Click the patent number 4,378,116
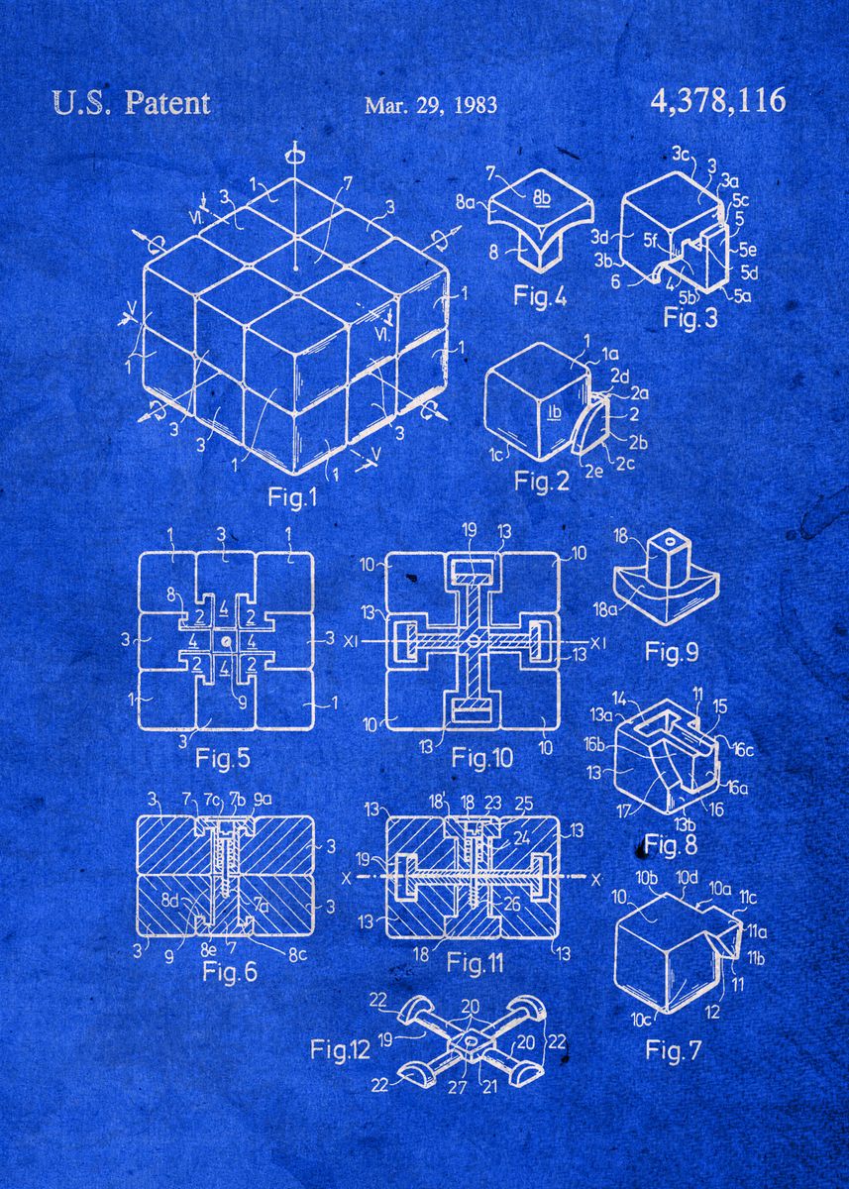pos(718,101)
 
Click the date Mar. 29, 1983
pos(430,105)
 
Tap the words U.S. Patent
pos(130,103)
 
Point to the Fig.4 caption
pos(540,295)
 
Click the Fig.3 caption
pos(690,318)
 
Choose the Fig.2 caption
pos(542,482)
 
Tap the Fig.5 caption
pos(224,759)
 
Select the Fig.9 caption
pos(672,652)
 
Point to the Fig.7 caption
pos(673,1050)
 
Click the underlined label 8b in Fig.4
pos(542,197)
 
